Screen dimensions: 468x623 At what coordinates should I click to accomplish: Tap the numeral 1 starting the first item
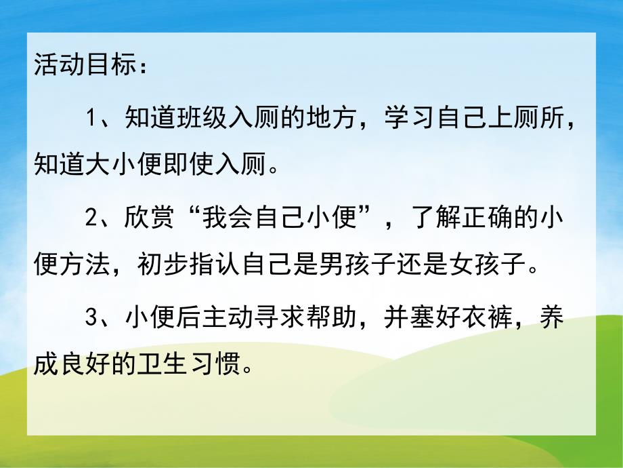pos(93,119)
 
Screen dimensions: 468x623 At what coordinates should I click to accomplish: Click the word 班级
pos(198,119)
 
